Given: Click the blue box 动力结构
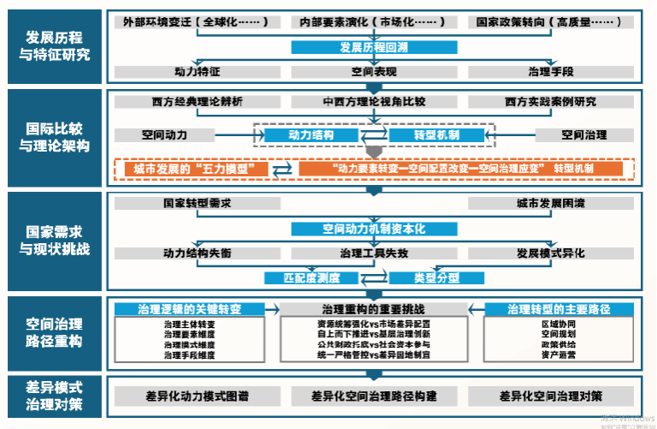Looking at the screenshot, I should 311,134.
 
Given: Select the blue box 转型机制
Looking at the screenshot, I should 436,134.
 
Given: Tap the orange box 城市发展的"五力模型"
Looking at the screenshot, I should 196,169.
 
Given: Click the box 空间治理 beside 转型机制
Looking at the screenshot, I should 583,134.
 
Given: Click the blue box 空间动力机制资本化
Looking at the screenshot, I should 374,229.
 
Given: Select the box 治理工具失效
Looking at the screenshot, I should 374,253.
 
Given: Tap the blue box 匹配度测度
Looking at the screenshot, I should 311,277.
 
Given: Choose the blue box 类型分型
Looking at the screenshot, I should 436,277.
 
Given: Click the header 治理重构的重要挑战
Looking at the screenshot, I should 374,308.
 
